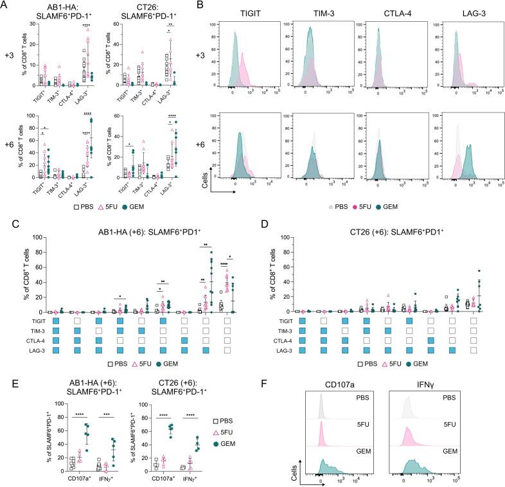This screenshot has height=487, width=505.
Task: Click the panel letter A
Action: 5,6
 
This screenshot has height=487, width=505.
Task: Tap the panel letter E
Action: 5,371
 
